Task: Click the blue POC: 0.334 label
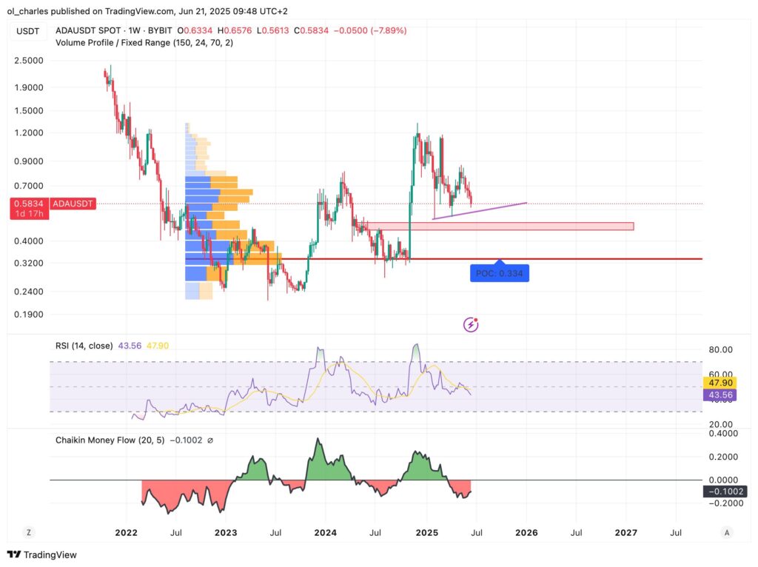[500, 273]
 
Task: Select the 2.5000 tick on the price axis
[27, 61]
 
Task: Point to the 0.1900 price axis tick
[27, 314]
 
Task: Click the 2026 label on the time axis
[526, 532]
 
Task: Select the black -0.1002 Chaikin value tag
[724, 491]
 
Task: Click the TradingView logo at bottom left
[42, 554]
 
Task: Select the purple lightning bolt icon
[470, 324]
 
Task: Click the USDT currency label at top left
[27, 30]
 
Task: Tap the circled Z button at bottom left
[29, 532]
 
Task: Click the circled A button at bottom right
[728, 532]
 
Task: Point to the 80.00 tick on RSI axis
[721, 349]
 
